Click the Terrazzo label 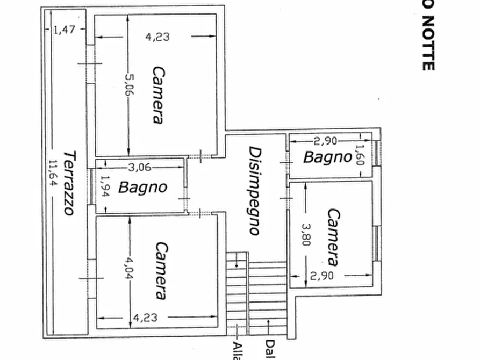(68, 183)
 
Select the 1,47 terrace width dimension (65, 31)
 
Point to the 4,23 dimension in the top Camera (157, 37)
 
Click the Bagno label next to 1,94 (142, 188)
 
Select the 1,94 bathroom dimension (105, 187)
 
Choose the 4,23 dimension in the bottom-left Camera (145, 318)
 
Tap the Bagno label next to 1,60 (327, 157)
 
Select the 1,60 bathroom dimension (360, 155)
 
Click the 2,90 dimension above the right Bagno (325, 141)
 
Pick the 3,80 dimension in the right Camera (306, 234)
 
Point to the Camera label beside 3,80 (333, 237)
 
